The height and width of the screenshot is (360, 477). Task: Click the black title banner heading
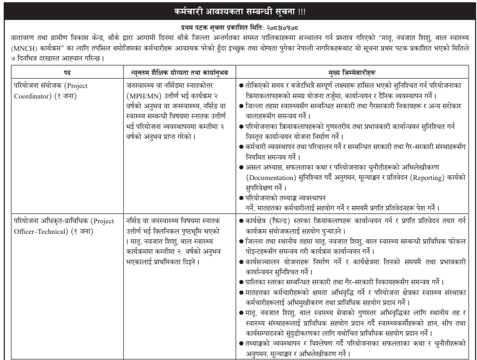[x=238, y=10]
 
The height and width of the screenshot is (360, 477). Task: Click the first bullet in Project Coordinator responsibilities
[x=241, y=86]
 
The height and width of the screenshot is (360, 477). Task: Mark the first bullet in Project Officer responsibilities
[x=241, y=221]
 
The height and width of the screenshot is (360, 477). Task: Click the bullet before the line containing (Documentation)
[x=241, y=168]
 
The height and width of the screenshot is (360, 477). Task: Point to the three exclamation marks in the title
[x=300, y=10]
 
